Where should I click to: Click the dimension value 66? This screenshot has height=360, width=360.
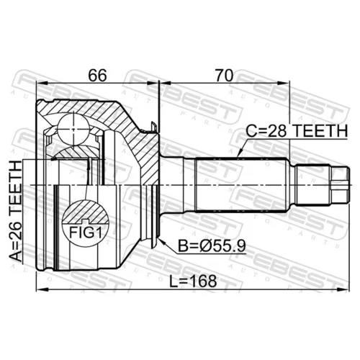[x=97, y=76]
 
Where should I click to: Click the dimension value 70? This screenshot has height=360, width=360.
[x=224, y=76]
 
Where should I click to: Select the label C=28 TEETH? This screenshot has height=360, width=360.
[x=297, y=131]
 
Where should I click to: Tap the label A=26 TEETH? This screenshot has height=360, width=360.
[x=16, y=211]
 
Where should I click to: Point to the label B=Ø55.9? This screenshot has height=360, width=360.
[x=212, y=246]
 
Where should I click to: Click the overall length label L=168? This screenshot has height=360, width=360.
[x=193, y=281]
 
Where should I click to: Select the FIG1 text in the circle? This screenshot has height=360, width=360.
[x=86, y=233]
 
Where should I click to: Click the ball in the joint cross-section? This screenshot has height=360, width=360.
[x=73, y=129]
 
